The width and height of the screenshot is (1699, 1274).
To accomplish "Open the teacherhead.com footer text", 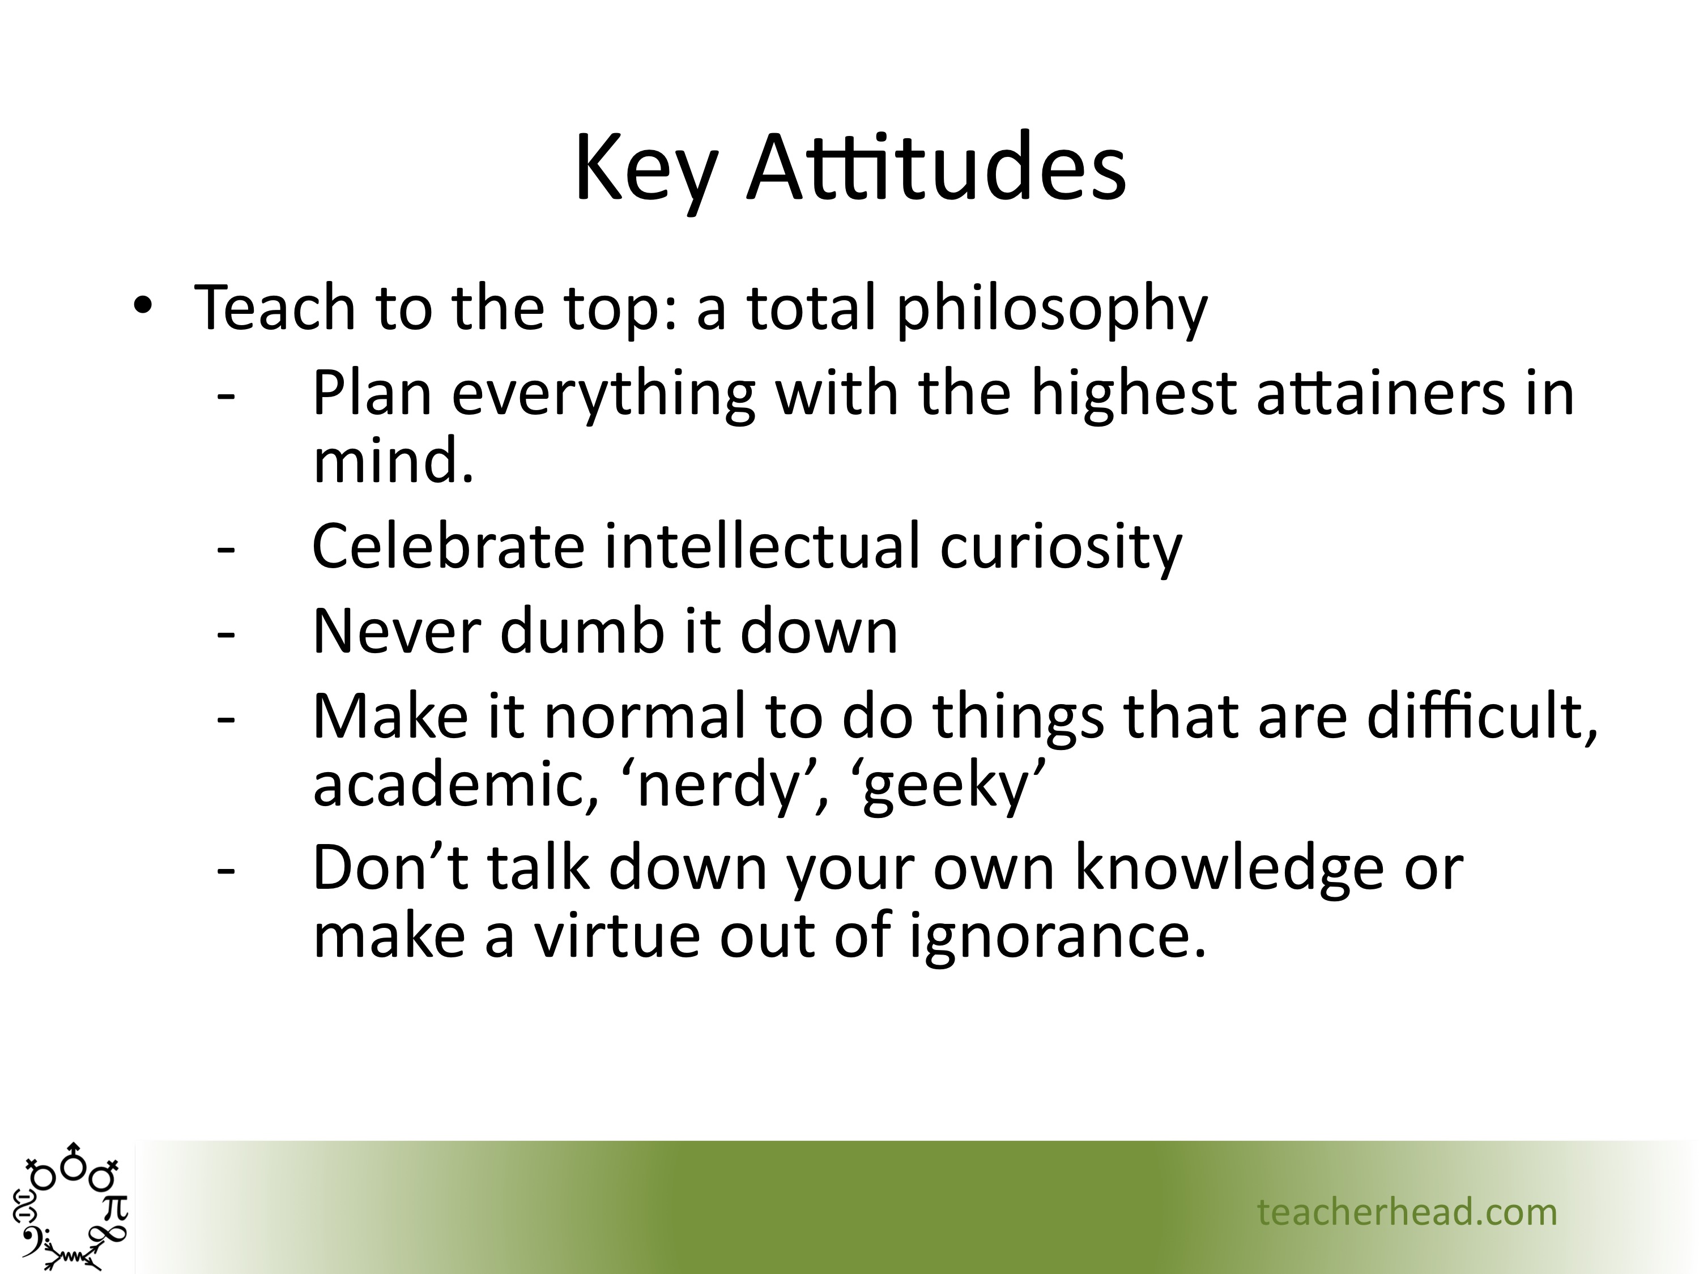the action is click(1407, 1212).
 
